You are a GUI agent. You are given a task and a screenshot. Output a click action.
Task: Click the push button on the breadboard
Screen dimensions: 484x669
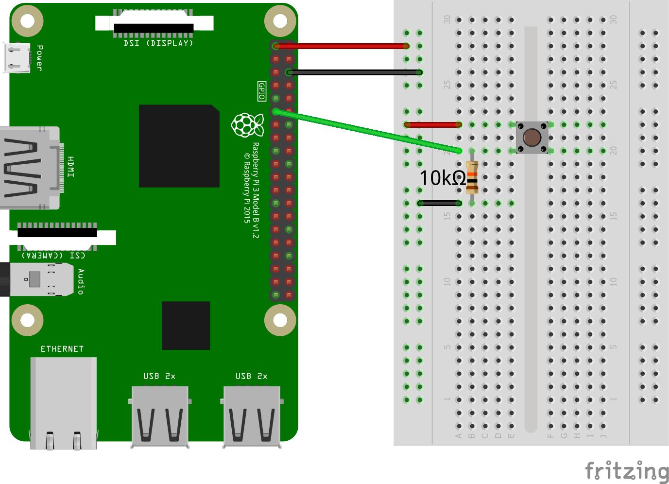click(532, 138)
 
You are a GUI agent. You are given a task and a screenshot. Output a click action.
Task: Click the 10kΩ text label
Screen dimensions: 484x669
click(443, 178)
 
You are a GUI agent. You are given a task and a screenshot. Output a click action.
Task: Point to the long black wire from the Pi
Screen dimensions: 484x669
click(355, 72)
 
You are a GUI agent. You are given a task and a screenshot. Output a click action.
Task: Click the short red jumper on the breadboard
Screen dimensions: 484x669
click(432, 125)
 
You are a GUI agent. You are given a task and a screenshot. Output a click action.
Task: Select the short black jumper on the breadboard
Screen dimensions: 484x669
click(439, 203)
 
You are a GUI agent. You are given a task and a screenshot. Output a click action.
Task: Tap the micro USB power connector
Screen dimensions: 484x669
click(17, 57)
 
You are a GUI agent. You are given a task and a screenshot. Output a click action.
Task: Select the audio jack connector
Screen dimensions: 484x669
click(39, 279)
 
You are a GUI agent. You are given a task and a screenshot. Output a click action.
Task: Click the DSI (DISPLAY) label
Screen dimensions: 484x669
click(158, 43)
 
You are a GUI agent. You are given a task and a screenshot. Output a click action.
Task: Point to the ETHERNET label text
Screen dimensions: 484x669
click(62, 349)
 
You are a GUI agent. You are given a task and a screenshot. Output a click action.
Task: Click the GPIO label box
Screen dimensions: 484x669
click(262, 91)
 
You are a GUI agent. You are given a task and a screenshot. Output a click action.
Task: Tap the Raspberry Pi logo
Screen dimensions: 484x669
click(247, 125)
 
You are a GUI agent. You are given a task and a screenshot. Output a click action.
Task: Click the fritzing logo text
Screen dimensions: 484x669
click(627, 471)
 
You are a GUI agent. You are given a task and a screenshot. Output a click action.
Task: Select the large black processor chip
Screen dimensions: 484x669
click(179, 146)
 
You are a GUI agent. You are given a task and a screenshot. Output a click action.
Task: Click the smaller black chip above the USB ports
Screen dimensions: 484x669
click(186, 325)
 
